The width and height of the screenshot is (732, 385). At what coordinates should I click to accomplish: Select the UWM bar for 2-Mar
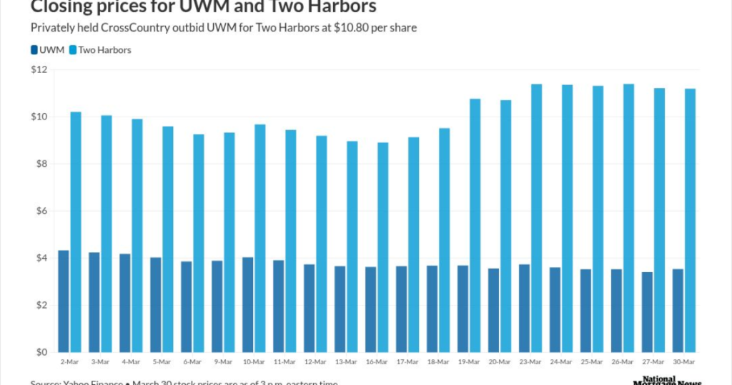(x=64, y=301)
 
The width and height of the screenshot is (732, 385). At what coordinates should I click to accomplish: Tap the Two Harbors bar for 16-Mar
(x=382, y=247)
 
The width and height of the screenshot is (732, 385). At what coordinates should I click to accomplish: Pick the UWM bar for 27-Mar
(x=647, y=312)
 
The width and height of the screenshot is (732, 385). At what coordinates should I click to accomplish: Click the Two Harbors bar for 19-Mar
(x=475, y=225)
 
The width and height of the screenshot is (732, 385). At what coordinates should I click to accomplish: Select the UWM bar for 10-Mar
(x=248, y=305)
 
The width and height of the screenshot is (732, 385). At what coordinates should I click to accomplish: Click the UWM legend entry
(x=48, y=50)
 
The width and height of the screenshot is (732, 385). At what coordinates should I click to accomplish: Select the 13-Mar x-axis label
(x=346, y=364)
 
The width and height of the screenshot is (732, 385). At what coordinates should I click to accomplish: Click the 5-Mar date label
(x=162, y=364)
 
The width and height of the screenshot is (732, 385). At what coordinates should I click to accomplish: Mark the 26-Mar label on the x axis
(x=623, y=364)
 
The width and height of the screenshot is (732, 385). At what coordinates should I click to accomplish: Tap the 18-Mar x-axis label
(x=438, y=364)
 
